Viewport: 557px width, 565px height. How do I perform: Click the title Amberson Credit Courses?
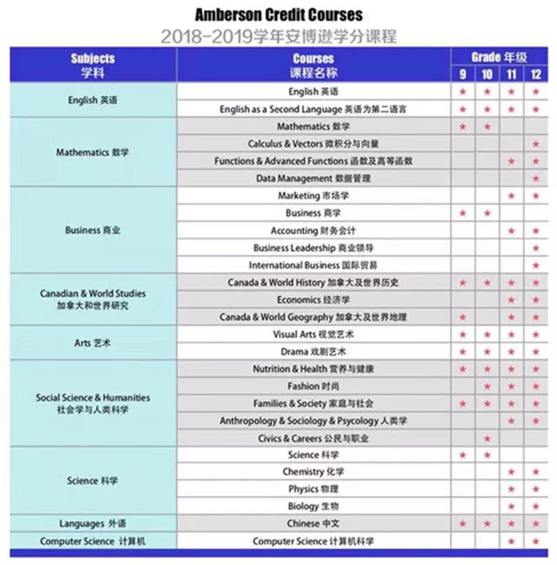pyautogui.click(x=278, y=15)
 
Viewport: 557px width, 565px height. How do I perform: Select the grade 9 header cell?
pyautogui.click(x=462, y=74)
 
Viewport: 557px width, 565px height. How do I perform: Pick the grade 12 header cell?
pyautogui.click(x=535, y=74)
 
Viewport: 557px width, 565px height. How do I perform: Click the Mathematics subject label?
pyautogui.click(x=92, y=152)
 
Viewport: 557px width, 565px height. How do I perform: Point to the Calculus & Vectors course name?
pyautogui.click(x=313, y=144)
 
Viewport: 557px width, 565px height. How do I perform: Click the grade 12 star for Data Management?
pyautogui.click(x=535, y=178)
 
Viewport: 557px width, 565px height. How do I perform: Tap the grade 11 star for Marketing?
pyautogui.click(x=511, y=196)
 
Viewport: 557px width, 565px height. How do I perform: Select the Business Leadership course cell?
pyautogui.click(x=313, y=247)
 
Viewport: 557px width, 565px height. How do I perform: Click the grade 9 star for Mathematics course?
pyautogui.click(x=462, y=126)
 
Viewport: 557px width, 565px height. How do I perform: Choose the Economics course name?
pyautogui.click(x=313, y=300)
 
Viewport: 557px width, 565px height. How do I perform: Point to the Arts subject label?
pyautogui.click(x=92, y=343)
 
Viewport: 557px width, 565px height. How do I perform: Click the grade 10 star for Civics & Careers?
pyautogui.click(x=487, y=438)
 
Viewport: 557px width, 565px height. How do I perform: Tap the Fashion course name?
pyautogui.click(x=313, y=386)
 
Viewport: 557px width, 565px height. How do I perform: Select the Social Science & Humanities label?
pyautogui.click(x=92, y=403)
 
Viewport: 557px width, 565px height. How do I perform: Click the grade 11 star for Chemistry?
pyautogui.click(x=511, y=472)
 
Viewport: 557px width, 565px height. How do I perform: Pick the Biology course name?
pyautogui.click(x=313, y=506)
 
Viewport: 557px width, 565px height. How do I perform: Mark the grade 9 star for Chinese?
pyautogui.click(x=462, y=523)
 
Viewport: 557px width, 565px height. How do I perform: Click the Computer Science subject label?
pyautogui.click(x=92, y=541)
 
